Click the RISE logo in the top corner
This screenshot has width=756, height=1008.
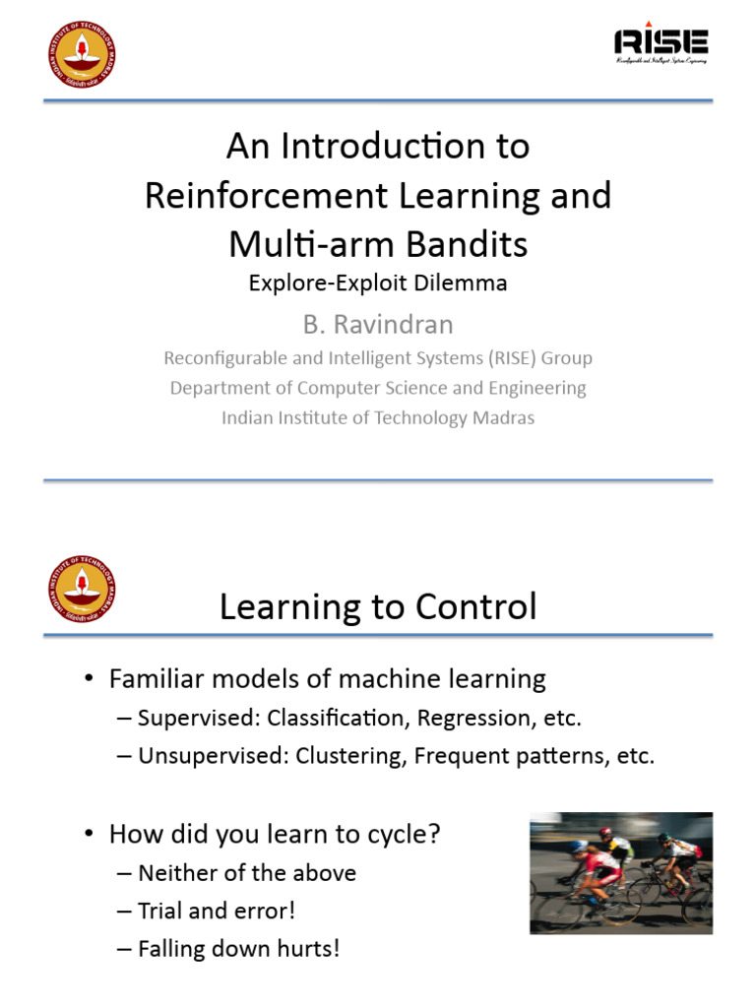click(x=661, y=42)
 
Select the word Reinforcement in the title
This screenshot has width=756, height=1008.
click(x=256, y=195)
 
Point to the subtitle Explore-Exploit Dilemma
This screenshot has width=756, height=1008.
click(x=378, y=283)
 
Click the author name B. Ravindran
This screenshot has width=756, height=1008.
click(x=378, y=324)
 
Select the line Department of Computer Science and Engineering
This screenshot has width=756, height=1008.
click(x=378, y=388)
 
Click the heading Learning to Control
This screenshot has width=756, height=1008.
click(x=378, y=606)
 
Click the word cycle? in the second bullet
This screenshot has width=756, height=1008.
click(x=404, y=835)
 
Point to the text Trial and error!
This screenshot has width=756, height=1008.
click(x=217, y=911)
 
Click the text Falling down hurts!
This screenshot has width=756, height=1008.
click(x=239, y=950)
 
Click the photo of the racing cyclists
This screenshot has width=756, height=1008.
click(x=620, y=872)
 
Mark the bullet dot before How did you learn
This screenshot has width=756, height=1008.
click(x=90, y=835)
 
